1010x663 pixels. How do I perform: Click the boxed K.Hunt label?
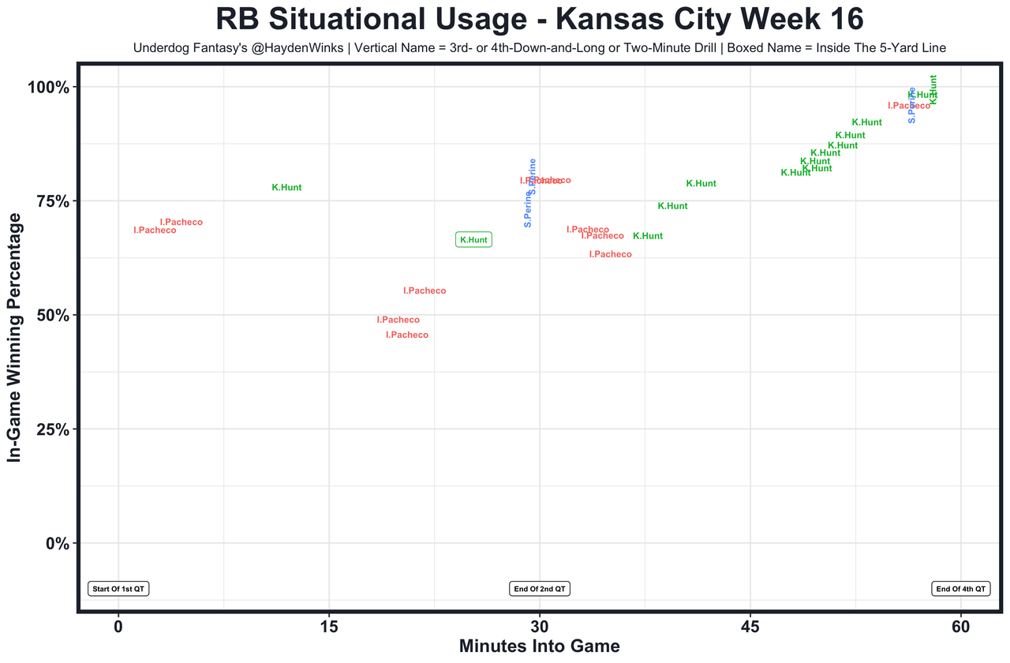point(473,240)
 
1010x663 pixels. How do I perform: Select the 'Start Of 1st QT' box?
point(118,589)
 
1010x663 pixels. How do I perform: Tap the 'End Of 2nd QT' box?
point(540,589)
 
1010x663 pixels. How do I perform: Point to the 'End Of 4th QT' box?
point(960,589)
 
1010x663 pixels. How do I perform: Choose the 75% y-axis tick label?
point(53,201)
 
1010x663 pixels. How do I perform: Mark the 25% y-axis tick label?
point(53,429)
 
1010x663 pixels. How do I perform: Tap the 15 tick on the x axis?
point(328,626)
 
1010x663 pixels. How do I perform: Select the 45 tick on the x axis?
point(750,626)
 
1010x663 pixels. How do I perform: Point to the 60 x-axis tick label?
point(960,626)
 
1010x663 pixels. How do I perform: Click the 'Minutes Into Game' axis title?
point(540,646)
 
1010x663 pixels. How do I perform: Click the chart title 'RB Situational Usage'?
point(539,19)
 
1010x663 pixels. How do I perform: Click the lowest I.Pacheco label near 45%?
point(407,335)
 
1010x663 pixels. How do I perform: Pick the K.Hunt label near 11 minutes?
point(286,188)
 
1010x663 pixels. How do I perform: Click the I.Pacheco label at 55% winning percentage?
point(425,291)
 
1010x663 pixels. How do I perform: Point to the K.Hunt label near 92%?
point(866,122)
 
